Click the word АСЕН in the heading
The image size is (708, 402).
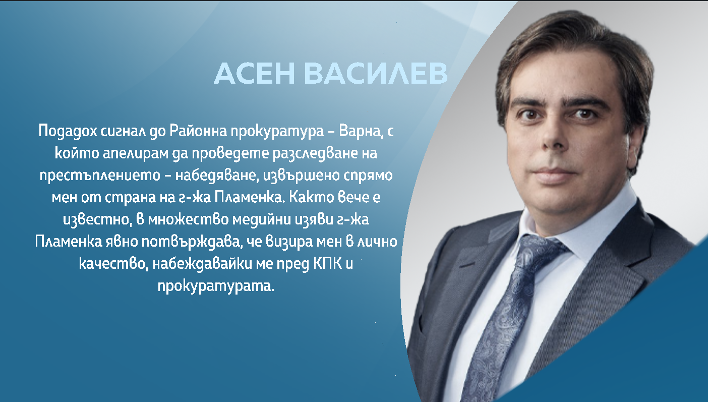coord(254,73)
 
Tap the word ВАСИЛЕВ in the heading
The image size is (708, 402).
coord(376,73)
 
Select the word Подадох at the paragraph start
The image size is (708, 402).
coord(68,131)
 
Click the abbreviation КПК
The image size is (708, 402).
coord(328,263)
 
